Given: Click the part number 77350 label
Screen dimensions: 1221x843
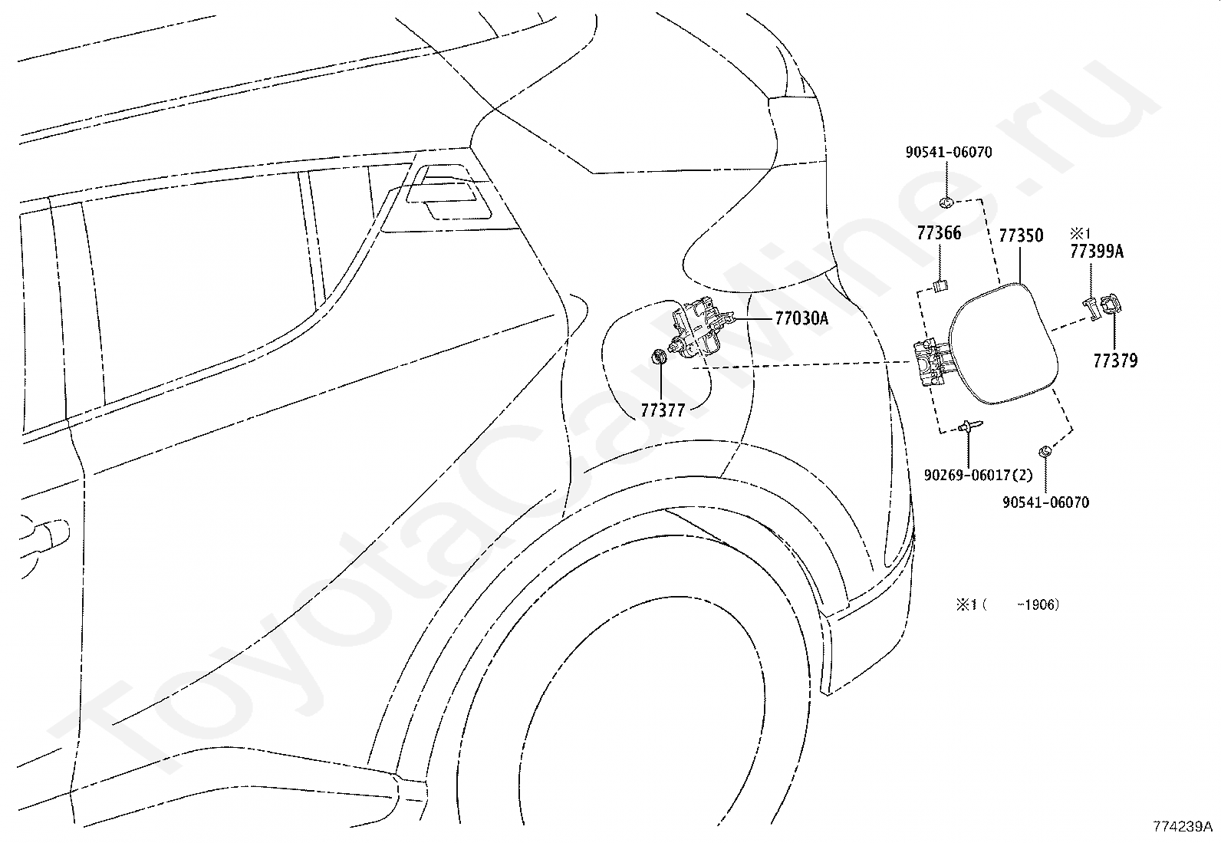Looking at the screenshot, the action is coord(1021,235).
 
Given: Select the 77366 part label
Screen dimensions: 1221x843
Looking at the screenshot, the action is coord(940,233).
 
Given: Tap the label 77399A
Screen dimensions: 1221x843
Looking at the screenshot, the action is coord(1097,252).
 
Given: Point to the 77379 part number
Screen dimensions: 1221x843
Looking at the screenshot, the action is coord(1116,361).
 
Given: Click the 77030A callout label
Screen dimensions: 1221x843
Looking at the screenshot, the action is coord(801,318).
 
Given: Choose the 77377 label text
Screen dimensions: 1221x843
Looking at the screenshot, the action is coord(663,410).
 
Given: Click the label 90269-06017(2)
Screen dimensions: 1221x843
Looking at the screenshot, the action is coord(979,476).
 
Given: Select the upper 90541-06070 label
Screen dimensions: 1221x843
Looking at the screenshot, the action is coord(949,152).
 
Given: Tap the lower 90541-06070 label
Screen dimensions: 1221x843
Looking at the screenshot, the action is coord(1046,502).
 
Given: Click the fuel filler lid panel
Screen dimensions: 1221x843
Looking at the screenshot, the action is coord(1003,344).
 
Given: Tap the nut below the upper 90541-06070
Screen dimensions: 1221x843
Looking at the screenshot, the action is coord(947,203).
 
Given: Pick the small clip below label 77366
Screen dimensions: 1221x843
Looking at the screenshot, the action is coord(940,285).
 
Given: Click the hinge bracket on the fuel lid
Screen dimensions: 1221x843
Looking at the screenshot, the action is coord(932,363).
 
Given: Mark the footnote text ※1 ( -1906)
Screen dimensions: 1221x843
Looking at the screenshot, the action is coord(1008,604).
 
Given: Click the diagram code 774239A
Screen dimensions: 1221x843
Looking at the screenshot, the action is coord(1183,826).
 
